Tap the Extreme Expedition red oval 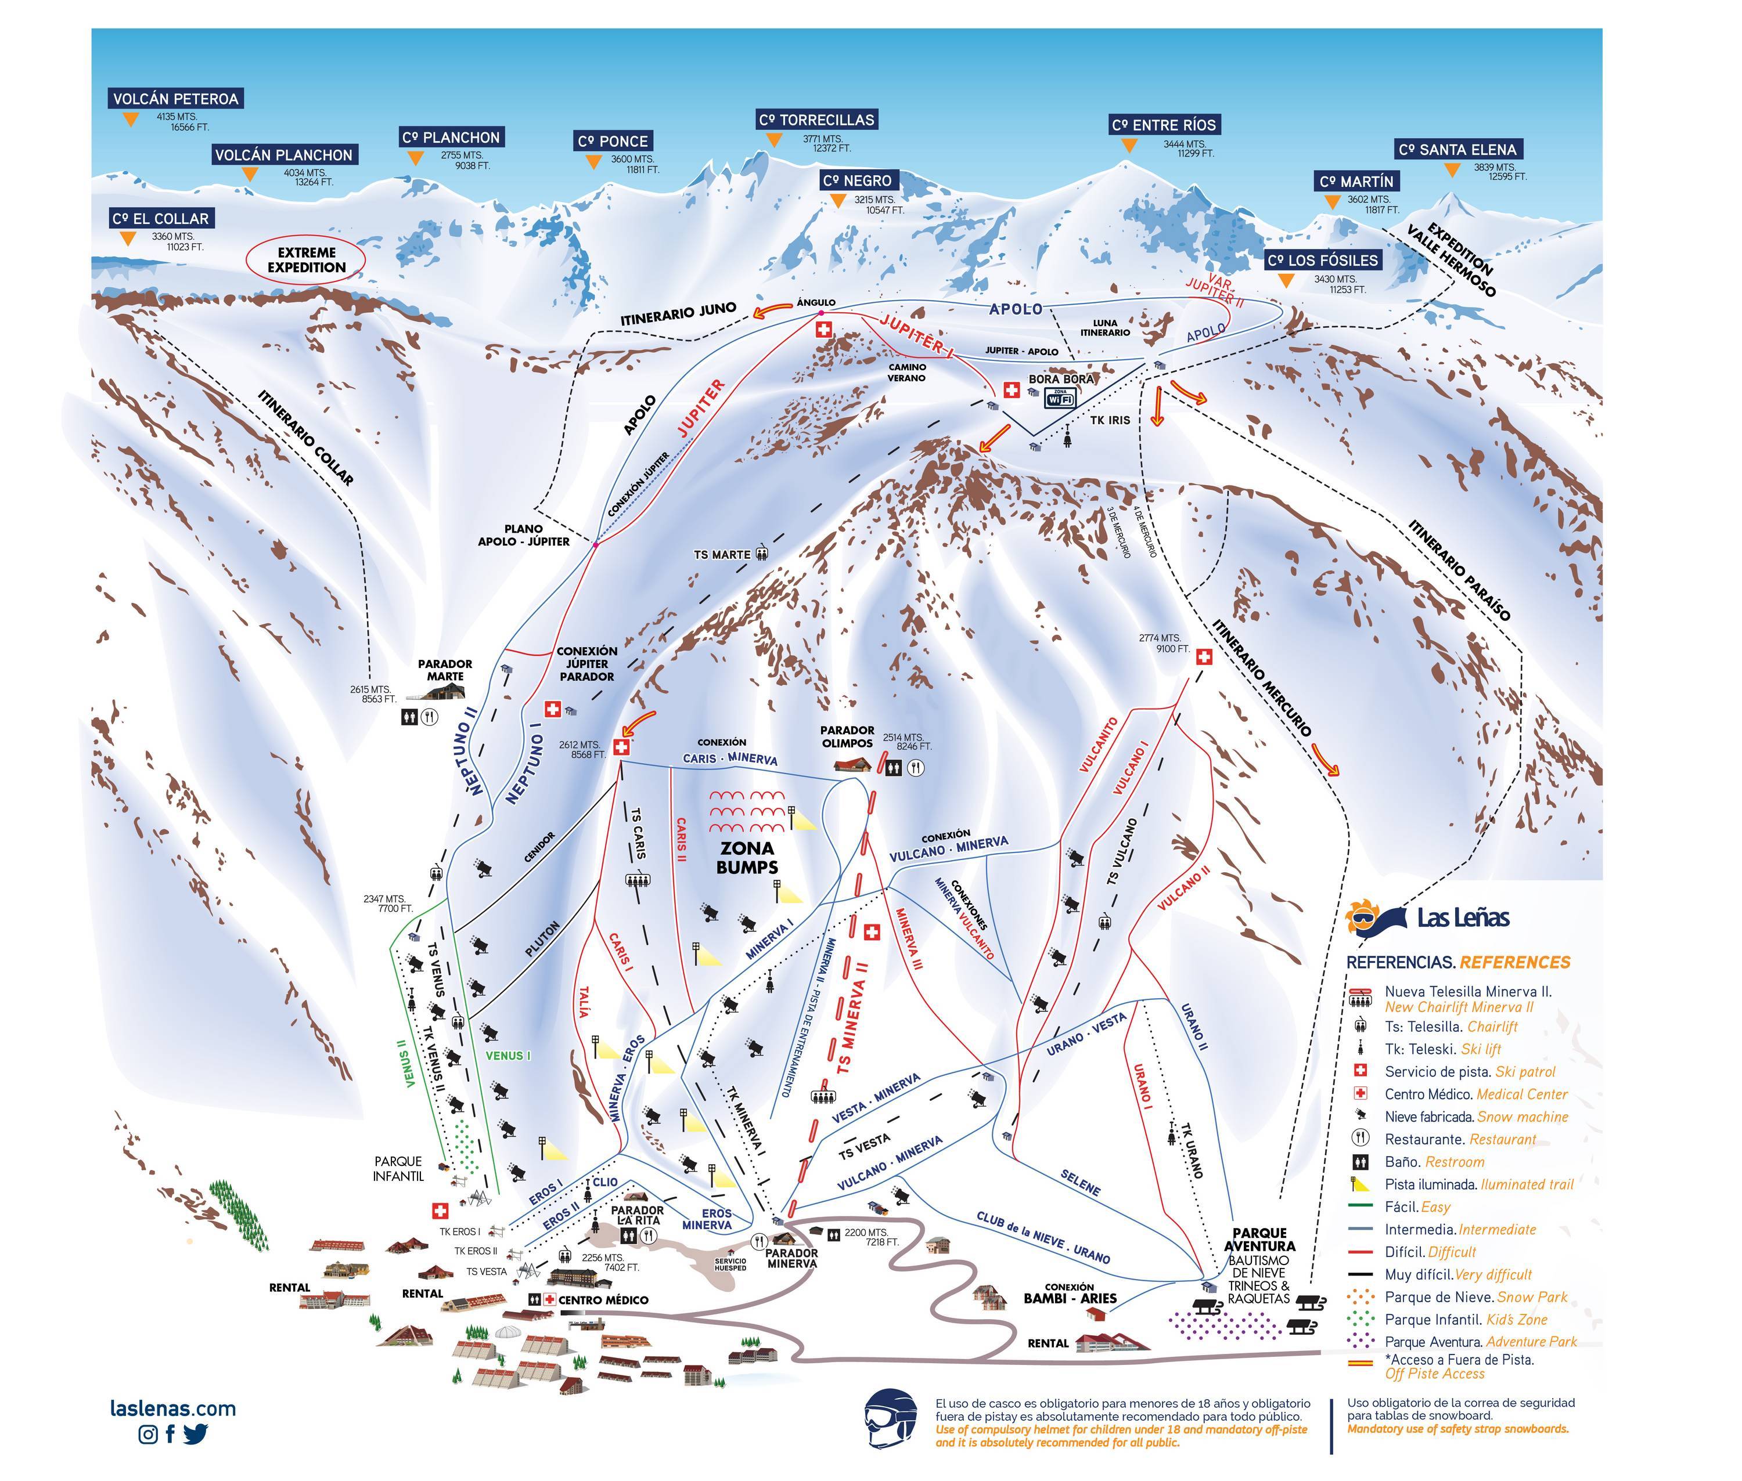[306, 259]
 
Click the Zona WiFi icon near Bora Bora [1060, 399]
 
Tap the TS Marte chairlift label [722, 555]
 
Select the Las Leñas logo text [1462, 918]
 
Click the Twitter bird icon [195, 1434]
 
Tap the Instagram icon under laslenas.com [148, 1434]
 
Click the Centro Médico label [603, 1300]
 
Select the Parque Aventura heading [1259, 1239]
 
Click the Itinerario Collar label [306, 436]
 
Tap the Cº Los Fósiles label [1322, 260]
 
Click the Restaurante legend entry [1460, 1139]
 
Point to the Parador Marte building [444, 692]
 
